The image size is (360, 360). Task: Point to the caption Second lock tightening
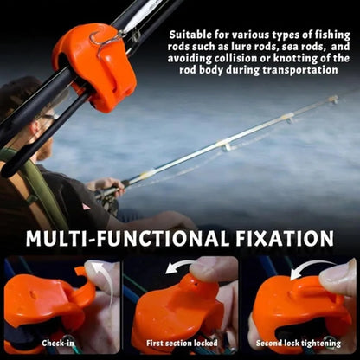[299, 344]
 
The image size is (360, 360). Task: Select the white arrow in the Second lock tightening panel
[307, 269]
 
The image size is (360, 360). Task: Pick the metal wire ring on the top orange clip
[109, 38]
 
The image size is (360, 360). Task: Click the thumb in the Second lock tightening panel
[339, 281]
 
